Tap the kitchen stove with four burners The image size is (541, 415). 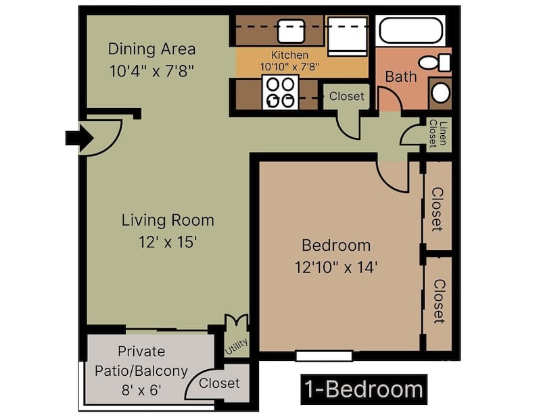280,92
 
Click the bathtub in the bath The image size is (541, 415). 410,31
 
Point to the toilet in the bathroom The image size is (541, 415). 435,63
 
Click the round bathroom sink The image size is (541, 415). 440,92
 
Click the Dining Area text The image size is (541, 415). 151,49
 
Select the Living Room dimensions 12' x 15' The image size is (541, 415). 167,242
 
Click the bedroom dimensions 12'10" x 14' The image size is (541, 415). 335,267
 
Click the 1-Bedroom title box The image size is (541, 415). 364,389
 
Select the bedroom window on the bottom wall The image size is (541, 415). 323,356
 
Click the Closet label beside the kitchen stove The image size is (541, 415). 346,96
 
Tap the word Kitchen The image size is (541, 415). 289,55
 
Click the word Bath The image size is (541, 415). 400,76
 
